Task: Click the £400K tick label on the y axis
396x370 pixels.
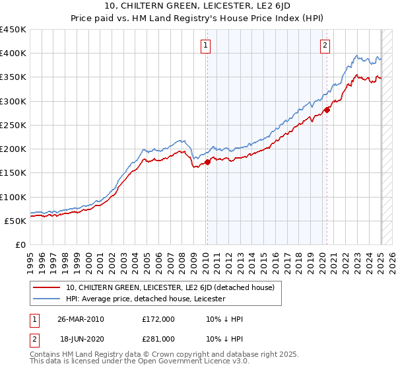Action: click(13, 54)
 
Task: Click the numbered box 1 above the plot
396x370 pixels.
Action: click(207, 46)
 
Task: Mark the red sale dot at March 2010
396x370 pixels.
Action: click(207, 162)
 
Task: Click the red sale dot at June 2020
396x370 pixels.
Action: click(327, 110)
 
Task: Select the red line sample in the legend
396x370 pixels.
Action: click(46, 287)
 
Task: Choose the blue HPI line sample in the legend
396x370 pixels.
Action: click(46, 299)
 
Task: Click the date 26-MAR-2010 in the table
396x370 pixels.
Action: click(81, 319)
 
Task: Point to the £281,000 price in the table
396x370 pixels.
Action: click(158, 338)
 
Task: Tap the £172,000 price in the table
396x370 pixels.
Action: click(158, 319)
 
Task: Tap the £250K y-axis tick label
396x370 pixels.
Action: click(13, 125)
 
